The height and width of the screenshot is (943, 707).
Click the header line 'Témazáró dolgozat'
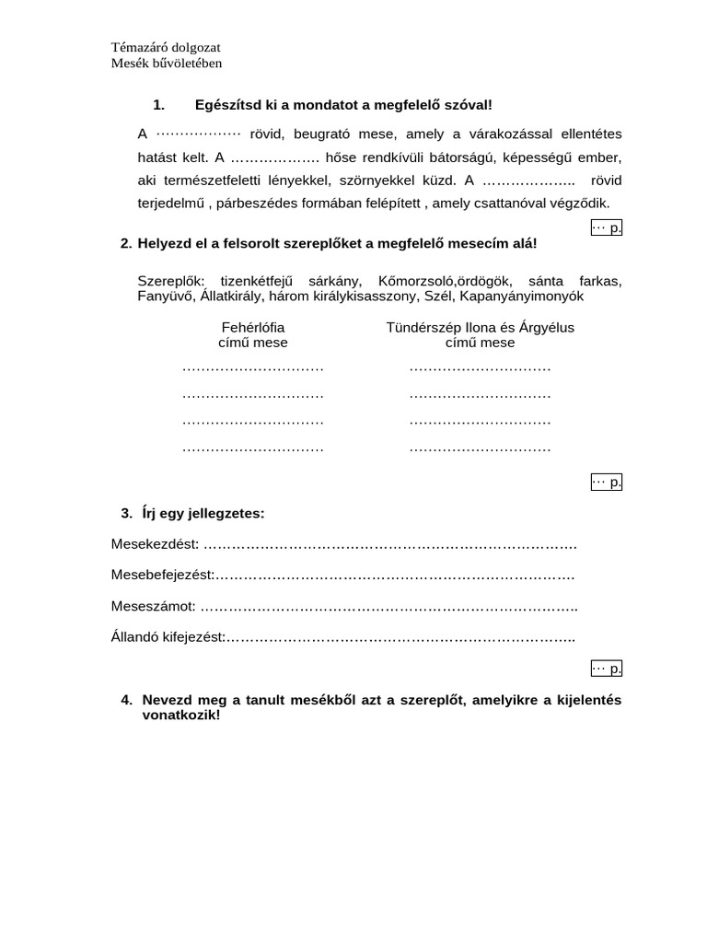(x=166, y=47)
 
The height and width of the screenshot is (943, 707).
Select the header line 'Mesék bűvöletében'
(x=167, y=63)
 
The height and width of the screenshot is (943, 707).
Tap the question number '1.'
(x=157, y=106)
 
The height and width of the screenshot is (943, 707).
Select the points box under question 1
(x=607, y=227)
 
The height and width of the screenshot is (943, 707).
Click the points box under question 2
(x=607, y=481)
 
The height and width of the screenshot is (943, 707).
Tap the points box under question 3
(x=607, y=669)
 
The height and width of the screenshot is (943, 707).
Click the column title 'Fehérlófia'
(x=253, y=327)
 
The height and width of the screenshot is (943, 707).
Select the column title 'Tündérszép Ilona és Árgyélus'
(x=480, y=327)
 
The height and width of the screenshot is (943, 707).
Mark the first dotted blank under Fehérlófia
(x=253, y=368)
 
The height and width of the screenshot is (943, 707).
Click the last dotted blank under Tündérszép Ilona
(x=480, y=448)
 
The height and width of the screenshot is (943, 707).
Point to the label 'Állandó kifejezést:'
(x=168, y=636)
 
